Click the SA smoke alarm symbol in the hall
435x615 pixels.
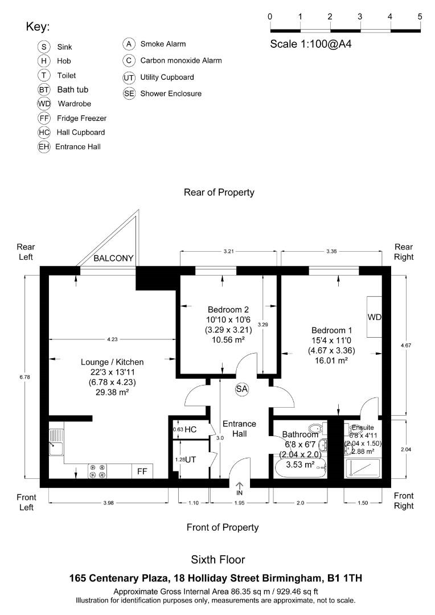[x=242, y=389]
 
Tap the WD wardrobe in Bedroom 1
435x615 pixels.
[x=374, y=317]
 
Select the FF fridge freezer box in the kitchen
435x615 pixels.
[x=142, y=471]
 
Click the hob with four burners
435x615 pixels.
[x=97, y=471]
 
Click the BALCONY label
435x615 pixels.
[x=114, y=259]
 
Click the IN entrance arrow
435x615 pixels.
[x=240, y=488]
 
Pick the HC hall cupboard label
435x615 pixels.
[x=190, y=429]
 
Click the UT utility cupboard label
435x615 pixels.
[x=190, y=459]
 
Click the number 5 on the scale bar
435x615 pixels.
[x=420, y=17]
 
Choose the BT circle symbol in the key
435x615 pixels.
[x=44, y=90]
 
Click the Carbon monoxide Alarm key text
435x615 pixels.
[x=181, y=60]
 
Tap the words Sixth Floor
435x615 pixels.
[x=218, y=560]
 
